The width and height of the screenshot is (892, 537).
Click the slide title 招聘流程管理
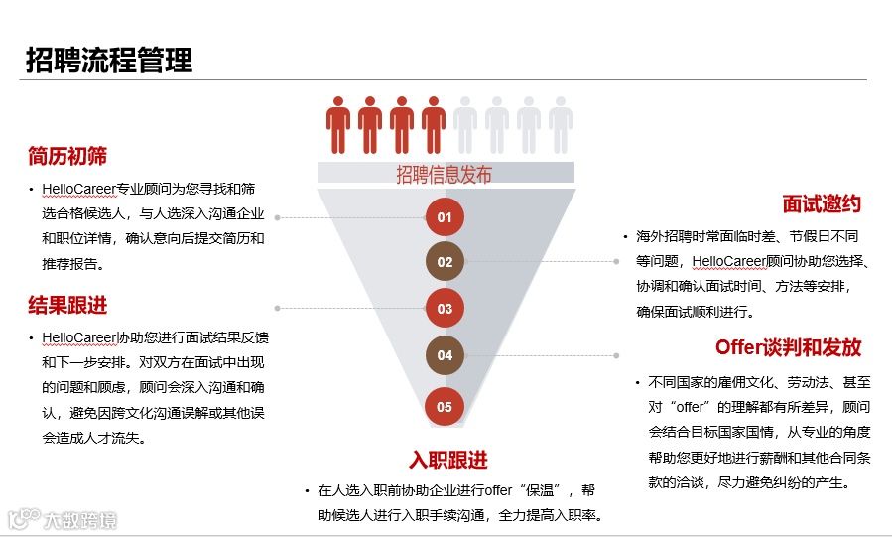point(109,60)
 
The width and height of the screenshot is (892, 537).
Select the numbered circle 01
point(445,217)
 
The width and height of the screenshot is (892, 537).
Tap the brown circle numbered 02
point(445,262)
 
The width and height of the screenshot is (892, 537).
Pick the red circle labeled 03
point(445,309)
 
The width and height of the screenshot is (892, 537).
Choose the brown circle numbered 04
point(445,355)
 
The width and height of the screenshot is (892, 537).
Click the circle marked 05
point(445,406)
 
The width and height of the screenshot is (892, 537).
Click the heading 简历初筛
point(67,156)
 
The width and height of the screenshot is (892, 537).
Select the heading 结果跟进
point(67,305)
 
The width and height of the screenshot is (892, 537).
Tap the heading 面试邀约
point(822,204)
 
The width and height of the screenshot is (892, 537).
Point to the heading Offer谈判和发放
point(788,347)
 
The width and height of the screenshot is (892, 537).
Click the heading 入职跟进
point(448,461)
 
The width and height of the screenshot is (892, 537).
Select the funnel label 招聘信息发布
point(445,176)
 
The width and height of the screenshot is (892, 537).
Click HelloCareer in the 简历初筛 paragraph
point(79,188)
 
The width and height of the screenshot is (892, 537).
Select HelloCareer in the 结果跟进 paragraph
point(79,336)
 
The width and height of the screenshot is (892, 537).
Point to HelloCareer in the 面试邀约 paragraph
point(729,261)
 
